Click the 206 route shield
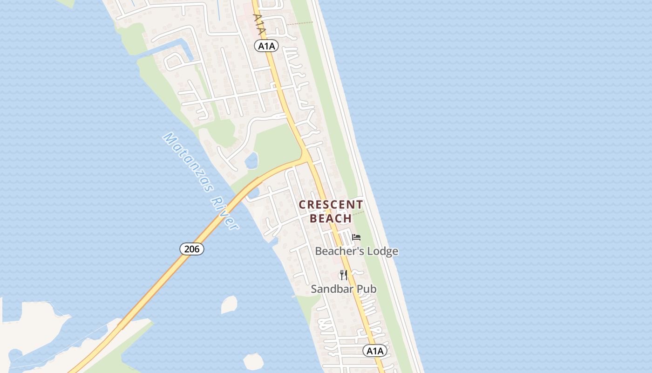pyautogui.click(x=191, y=249)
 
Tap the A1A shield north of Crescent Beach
pyautogui.click(x=266, y=46)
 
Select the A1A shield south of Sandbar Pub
pyautogui.click(x=374, y=351)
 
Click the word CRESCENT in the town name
pyautogui.click(x=331, y=205)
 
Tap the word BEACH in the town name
pyautogui.click(x=331, y=218)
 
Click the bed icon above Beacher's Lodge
pyautogui.click(x=356, y=237)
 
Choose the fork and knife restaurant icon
pyautogui.click(x=344, y=275)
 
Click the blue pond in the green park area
pyautogui.click(x=251, y=161)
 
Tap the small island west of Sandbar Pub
pyautogui.click(x=229, y=304)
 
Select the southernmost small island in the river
pyautogui.click(x=253, y=361)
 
